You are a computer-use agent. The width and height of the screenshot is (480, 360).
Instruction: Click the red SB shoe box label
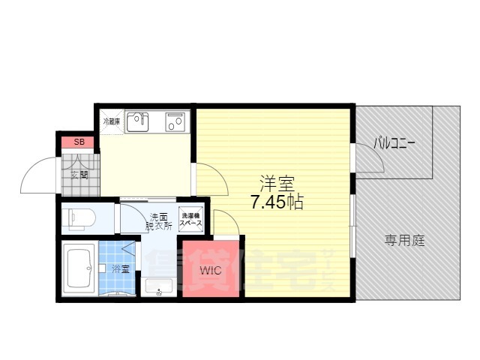[x=78, y=142]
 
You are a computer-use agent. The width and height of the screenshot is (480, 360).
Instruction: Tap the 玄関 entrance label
[x=79, y=175]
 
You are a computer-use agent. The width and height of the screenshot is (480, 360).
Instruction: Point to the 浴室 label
[x=120, y=268]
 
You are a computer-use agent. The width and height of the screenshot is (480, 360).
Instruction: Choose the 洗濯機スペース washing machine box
[x=190, y=218]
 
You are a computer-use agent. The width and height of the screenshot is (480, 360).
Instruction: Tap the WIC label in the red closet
[x=210, y=269]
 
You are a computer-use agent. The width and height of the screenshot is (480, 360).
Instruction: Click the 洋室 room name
[x=277, y=183]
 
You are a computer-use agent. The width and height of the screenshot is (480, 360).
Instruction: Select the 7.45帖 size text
[x=277, y=202]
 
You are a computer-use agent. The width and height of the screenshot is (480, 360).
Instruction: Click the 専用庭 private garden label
[x=405, y=241]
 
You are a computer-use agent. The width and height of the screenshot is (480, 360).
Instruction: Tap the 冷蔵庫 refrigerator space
[x=112, y=121]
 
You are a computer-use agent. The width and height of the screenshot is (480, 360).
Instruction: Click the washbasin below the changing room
[x=158, y=286]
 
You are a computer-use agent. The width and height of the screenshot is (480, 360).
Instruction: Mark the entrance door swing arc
[x=37, y=176]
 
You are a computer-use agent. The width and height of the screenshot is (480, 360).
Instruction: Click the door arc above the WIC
[x=226, y=223]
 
